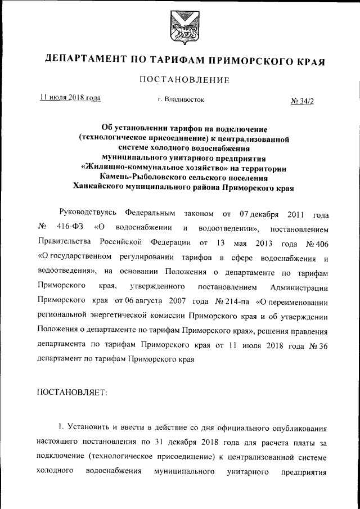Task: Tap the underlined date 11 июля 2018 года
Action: pyautogui.click(x=70, y=97)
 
